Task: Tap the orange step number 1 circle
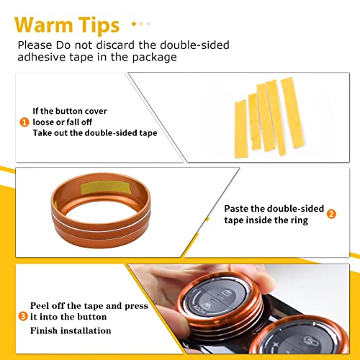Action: tap(24, 122)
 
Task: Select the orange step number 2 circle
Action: tap(331, 215)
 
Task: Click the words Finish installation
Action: tap(71, 330)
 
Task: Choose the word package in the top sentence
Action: tap(153, 58)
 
